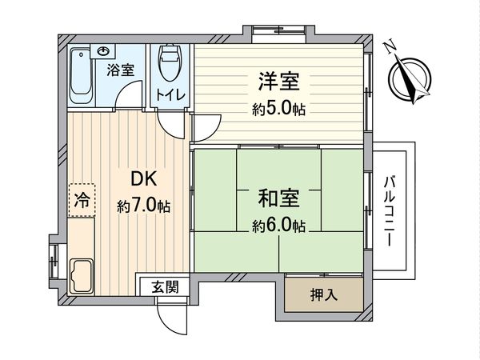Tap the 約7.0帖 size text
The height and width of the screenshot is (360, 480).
pos(143,206)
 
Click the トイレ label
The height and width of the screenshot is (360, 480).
pos(171,94)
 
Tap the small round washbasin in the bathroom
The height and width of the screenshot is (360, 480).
pos(104,50)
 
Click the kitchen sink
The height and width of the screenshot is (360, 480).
pos(82,277)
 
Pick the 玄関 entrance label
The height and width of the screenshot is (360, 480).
pos(166,286)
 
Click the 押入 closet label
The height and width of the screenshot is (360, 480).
pos(324,294)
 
